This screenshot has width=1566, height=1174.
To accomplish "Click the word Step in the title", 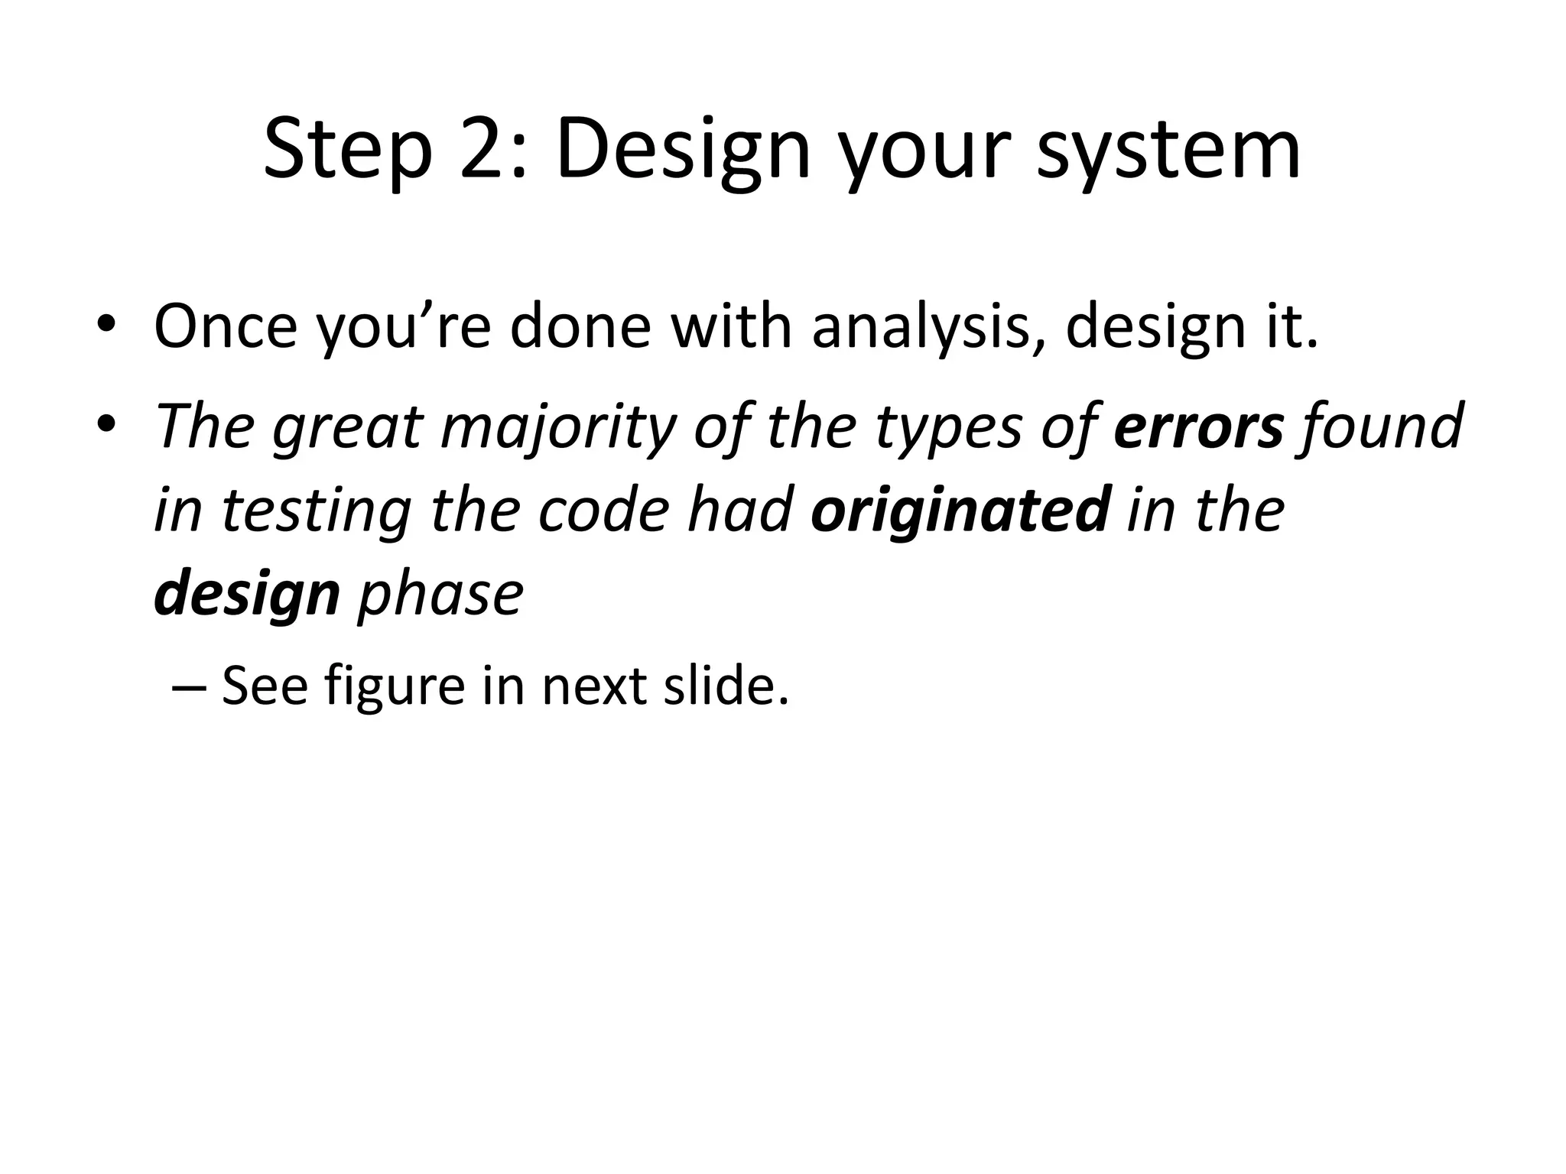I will click(x=349, y=150).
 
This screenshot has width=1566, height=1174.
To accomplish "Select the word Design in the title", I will click(x=682, y=150).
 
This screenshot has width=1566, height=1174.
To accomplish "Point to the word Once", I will click(x=225, y=327).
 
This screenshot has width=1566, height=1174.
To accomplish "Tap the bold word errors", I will click(x=1198, y=426).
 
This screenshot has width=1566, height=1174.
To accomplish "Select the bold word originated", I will click(x=960, y=511).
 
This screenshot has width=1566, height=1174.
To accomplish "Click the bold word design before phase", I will click(x=246, y=595).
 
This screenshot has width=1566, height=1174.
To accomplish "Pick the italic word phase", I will click(x=440, y=595).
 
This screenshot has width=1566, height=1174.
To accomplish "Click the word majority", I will click(x=559, y=426).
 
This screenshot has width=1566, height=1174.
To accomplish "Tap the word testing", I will click(x=317, y=511).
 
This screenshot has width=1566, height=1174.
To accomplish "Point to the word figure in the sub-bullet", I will click(x=394, y=686).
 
